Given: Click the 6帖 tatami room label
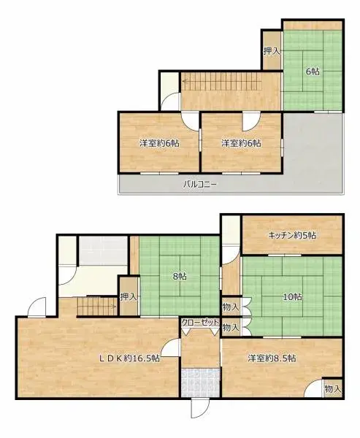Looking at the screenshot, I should (312, 71).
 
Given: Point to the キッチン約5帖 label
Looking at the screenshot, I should (291, 235).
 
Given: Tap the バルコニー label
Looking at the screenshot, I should (199, 184).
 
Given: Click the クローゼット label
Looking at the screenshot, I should (199, 322).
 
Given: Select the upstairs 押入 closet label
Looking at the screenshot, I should (271, 51).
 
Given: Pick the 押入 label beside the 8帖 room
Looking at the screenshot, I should (129, 297).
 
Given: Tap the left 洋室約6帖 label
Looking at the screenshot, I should (159, 143).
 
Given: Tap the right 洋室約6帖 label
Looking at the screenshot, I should (241, 143).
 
